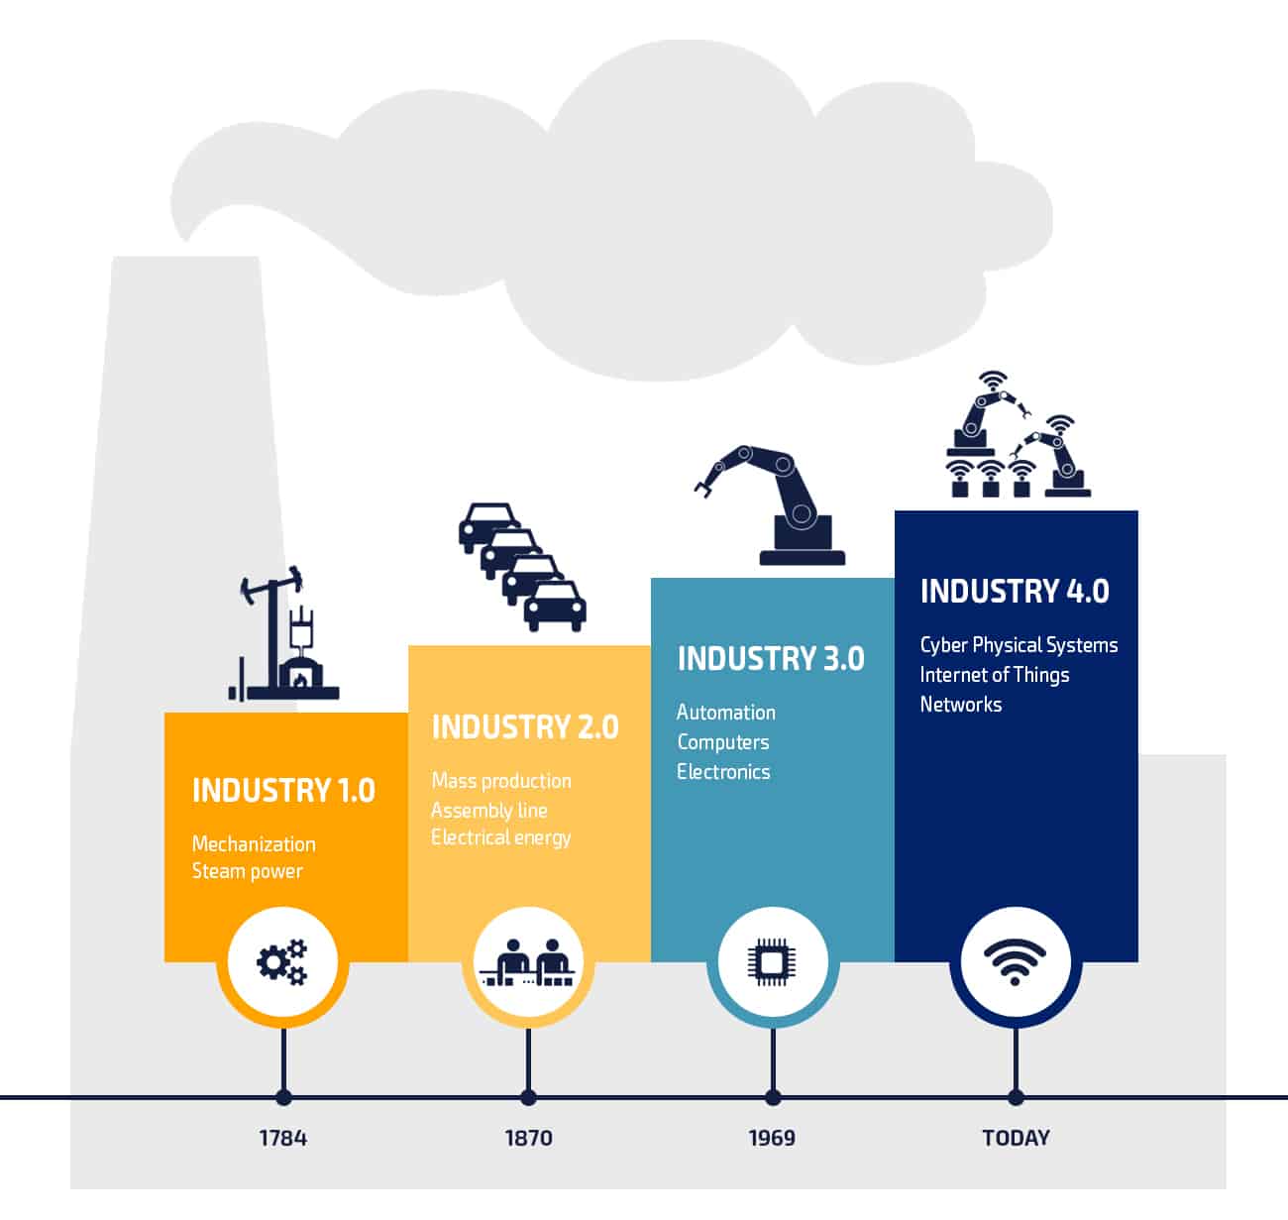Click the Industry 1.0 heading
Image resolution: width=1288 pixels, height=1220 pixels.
[283, 791]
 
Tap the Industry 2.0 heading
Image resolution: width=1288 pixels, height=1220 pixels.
[525, 727]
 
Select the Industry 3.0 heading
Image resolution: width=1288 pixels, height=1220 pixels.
[771, 659]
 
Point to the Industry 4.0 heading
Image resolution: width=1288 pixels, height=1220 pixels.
[1015, 591]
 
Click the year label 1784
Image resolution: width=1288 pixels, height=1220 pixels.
[283, 1138]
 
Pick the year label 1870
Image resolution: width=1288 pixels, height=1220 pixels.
[529, 1138]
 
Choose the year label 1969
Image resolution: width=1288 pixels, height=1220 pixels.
[773, 1138]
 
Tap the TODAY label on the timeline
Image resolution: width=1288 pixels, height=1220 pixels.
[1017, 1138]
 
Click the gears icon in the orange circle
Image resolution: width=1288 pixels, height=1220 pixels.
[282, 961]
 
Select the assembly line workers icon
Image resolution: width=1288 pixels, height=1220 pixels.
[528, 962]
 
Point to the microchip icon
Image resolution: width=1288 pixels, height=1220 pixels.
[773, 962]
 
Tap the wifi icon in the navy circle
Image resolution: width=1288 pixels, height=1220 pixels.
[1016, 961]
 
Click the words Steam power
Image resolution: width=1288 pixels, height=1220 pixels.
[248, 872]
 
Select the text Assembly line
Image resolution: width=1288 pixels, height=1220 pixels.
[489, 811]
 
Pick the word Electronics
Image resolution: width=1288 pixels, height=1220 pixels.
[723, 772]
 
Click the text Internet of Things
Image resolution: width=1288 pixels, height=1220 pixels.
[995, 675]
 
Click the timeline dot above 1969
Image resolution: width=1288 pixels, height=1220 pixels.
[773, 1097]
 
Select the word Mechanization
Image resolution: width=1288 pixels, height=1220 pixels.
[254, 843]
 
